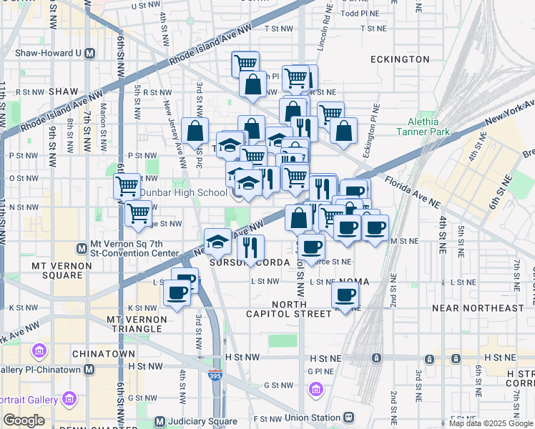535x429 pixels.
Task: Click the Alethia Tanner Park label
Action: pos(433,127)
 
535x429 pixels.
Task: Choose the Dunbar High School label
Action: pos(182,192)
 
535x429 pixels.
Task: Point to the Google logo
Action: pos(24,420)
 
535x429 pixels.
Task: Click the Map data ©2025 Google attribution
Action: pos(490,423)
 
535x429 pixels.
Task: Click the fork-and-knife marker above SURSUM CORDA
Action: pos(250,247)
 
